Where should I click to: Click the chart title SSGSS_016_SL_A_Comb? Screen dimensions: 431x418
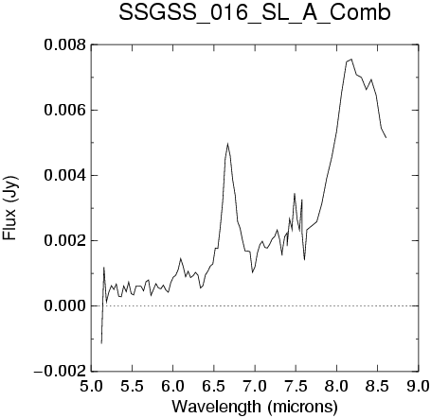point(255,13)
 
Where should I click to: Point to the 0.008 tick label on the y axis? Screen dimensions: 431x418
point(64,44)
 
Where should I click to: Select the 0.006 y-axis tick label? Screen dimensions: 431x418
point(64,110)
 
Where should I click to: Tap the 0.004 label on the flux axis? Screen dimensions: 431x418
point(64,175)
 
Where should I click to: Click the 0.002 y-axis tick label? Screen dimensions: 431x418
point(64,240)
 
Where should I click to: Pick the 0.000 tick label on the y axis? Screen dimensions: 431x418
point(64,305)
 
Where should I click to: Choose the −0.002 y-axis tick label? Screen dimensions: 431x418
point(60,371)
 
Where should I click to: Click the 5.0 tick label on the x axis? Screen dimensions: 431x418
point(91,386)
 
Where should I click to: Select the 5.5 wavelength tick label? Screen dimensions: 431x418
point(133,386)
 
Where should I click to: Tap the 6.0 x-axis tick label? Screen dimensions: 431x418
point(173,386)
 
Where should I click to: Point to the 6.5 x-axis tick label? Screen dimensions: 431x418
point(214,386)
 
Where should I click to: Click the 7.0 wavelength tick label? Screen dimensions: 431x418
point(255,386)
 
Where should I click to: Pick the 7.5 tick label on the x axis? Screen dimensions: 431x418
point(296,386)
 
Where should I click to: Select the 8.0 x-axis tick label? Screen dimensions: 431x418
point(337,386)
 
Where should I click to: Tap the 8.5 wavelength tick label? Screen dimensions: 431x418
point(378,386)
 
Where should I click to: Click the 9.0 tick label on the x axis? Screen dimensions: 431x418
point(419,386)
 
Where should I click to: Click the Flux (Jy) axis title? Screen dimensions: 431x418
point(10,208)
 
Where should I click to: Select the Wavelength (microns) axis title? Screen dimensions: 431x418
point(255,407)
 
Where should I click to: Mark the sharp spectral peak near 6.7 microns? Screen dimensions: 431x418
point(227,144)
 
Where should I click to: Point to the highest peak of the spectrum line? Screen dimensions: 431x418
point(351,59)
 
